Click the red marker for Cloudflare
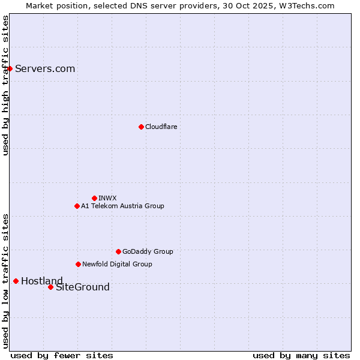point(141,127)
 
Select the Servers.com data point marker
point(10,68)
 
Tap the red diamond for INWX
point(94,198)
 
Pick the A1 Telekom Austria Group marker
point(77,206)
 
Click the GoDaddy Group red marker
point(118,251)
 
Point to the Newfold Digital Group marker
point(78,264)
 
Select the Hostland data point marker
point(16,281)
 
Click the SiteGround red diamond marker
point(50,287)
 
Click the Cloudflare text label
point(161,127)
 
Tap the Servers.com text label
point(45,68)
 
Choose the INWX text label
point(107,198)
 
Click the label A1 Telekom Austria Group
point(122,206)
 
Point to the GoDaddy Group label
point(148,251)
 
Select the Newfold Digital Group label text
point(117,264)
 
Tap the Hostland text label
point(41,281)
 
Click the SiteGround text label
point(83,287)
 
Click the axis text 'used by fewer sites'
point(62,355)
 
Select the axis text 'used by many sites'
point(301,355)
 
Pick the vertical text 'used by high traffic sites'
point(5,85)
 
